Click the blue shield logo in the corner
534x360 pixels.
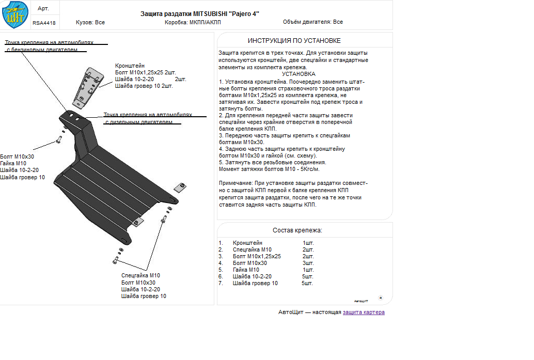click(x=15, y=15)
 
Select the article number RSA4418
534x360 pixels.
click(x=44, y=23)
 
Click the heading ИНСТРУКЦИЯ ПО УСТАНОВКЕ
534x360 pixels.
click(x=294, y=40)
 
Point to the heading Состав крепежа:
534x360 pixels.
click(x=297, y=230)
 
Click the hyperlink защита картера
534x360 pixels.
click(x=364, y=312)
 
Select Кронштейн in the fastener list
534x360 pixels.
click(x=247, y=243)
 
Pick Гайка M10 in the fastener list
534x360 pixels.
click(x=246, y=270)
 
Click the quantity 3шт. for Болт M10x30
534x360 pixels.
click(x=308, y=263)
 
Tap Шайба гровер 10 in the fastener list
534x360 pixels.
click(x=255, y=283)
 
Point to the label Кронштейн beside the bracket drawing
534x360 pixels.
click(x=130, y=66)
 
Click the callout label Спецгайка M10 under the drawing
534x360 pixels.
click(x=140, y=276)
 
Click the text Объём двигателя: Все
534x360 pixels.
click(x=312, y=22)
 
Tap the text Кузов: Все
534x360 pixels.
click(x=90, y=22)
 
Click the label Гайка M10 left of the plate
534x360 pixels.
click(x=13, y=163)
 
